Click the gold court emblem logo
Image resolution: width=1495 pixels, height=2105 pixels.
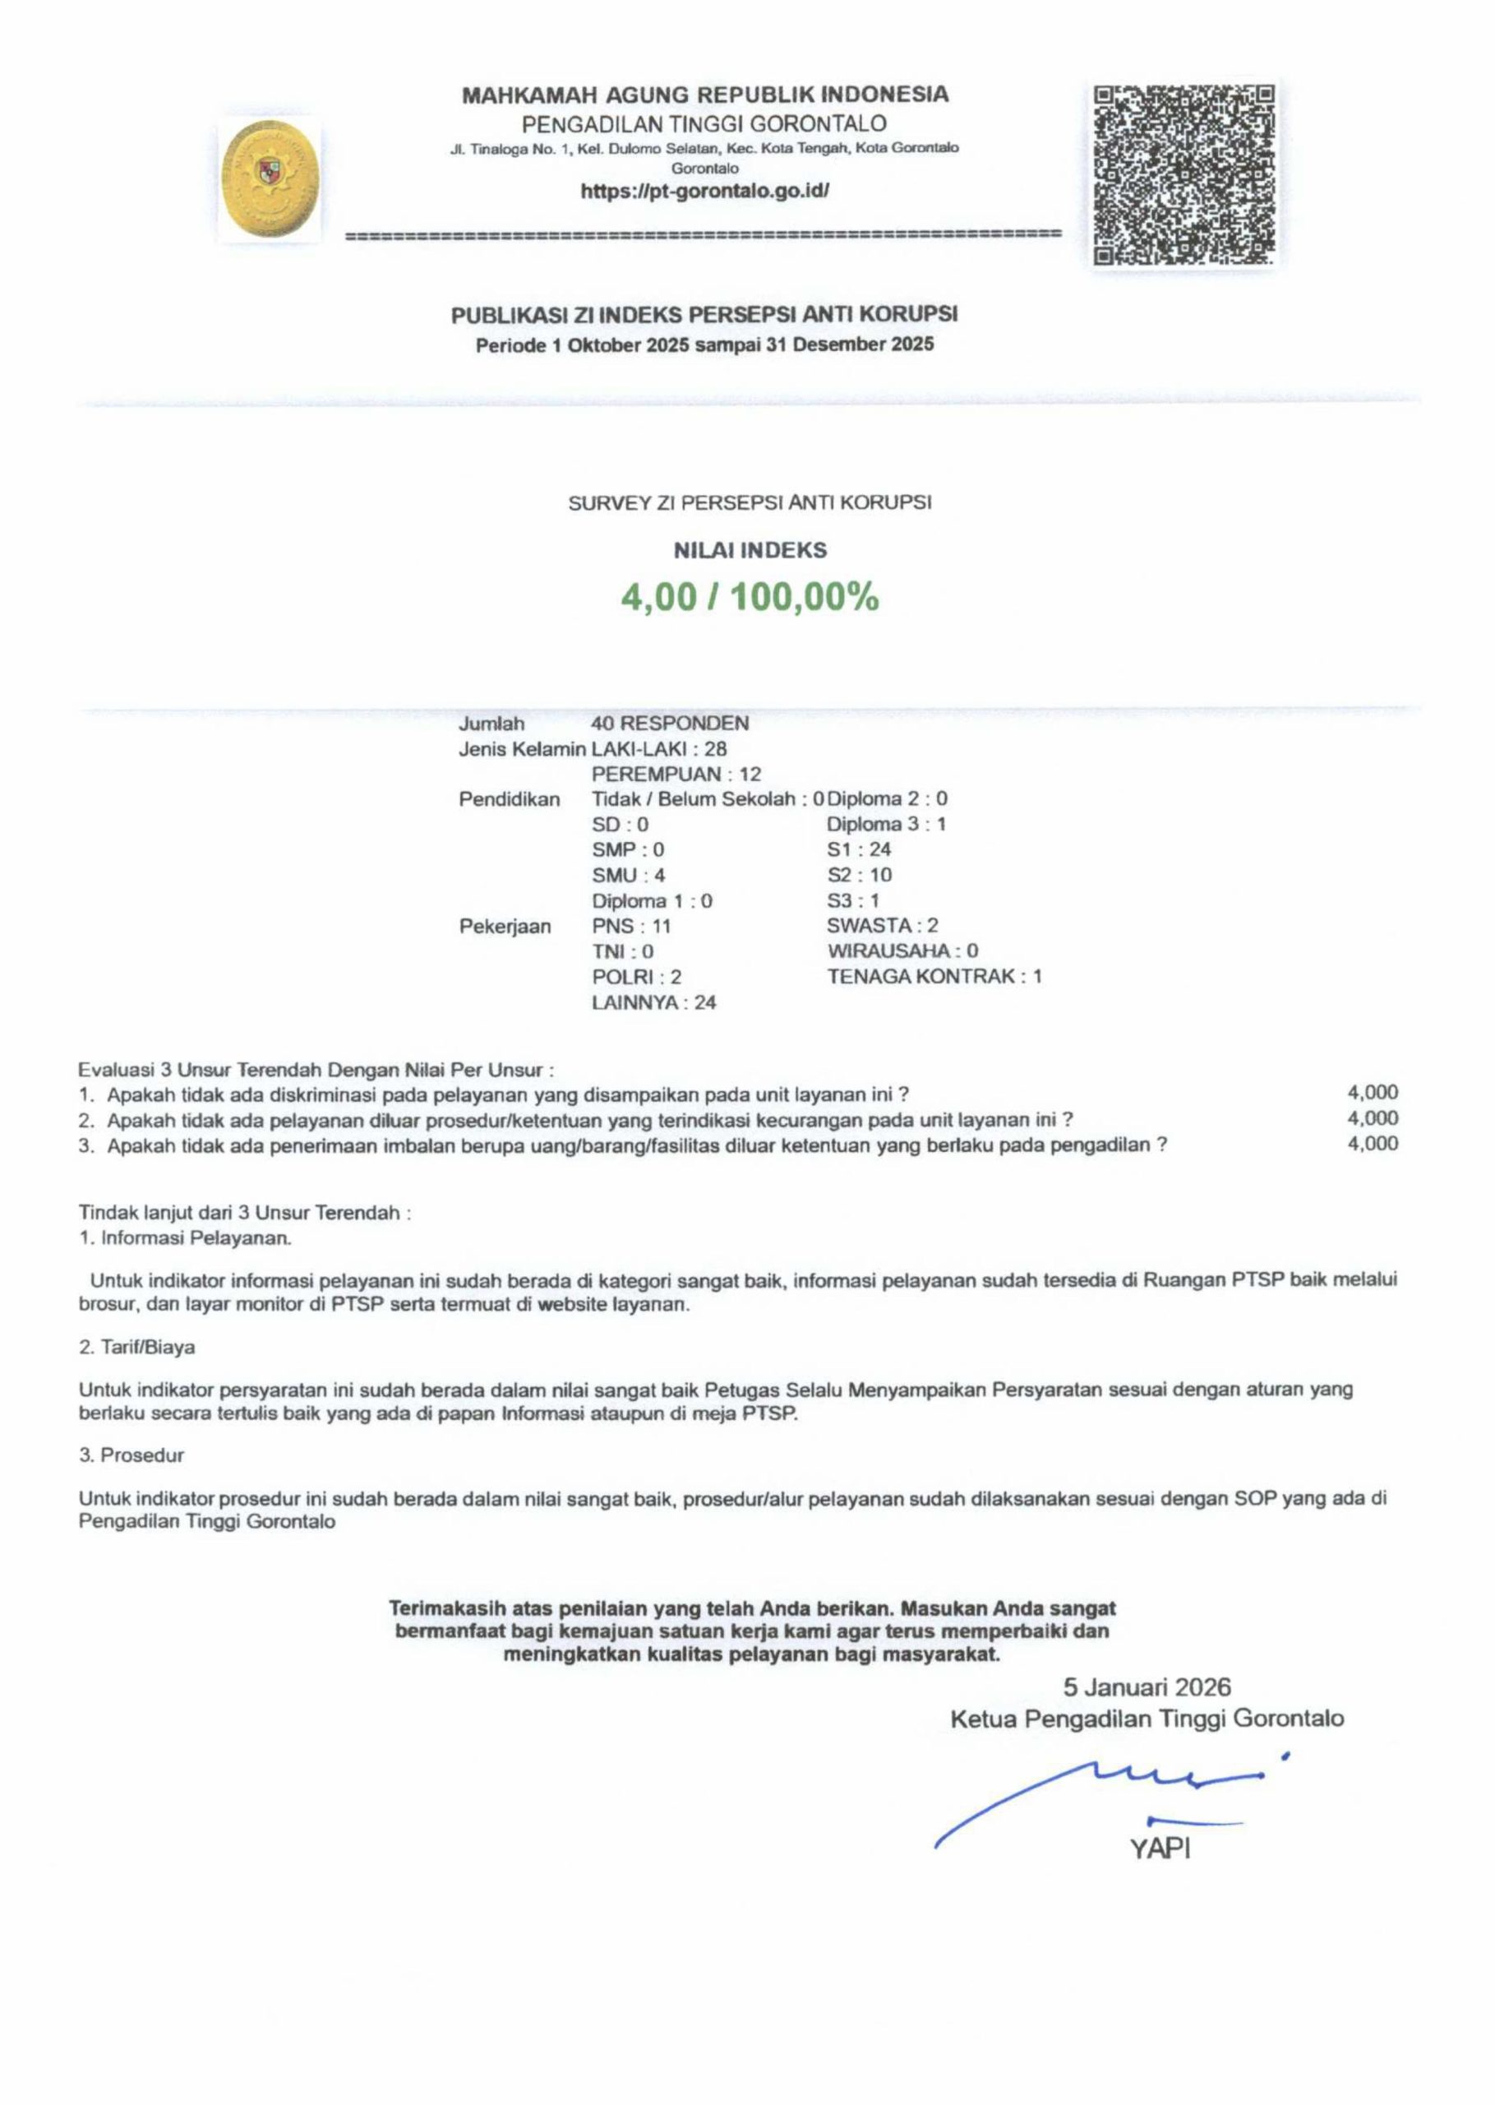(270, 178)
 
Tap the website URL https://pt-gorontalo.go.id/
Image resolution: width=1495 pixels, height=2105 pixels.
(704, 192)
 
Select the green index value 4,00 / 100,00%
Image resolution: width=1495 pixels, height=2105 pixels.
(750, 599)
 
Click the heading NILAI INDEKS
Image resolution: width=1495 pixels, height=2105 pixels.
(750, 551)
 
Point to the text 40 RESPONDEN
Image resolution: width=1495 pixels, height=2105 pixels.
(669, 724)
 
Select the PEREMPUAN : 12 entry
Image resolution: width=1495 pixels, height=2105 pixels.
(676, 775)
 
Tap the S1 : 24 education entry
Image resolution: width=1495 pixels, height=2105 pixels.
(858, 849)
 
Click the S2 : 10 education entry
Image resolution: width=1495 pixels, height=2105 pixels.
(859, 875)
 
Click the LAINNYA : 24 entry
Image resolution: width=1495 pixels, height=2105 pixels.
(653, 1003)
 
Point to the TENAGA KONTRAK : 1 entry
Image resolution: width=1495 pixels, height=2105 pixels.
(934, 976)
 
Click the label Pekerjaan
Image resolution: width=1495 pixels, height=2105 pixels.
(505, 927)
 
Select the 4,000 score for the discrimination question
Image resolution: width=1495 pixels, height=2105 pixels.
(1372, 1093)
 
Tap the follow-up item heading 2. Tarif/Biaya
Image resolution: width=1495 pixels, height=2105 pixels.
(136, 1347)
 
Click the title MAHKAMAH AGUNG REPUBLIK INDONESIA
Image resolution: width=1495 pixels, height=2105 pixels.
(704, 95)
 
